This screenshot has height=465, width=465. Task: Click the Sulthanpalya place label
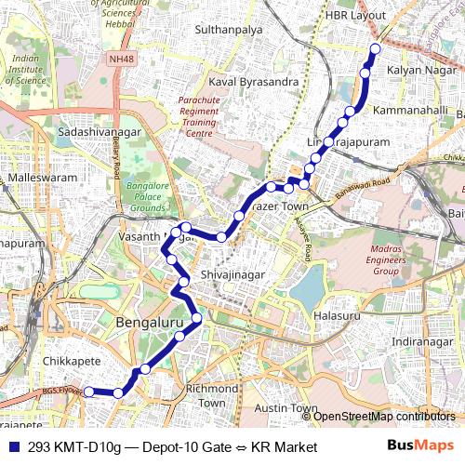[x=228, y=30]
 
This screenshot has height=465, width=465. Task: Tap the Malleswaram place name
[x=38, y=176]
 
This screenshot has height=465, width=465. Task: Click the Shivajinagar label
[x=233, y=276]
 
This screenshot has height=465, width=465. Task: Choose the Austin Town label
[x=286, y=408]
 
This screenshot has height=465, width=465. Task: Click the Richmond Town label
[x=212, y=395]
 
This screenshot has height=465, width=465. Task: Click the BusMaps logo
[x=415, y=447]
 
